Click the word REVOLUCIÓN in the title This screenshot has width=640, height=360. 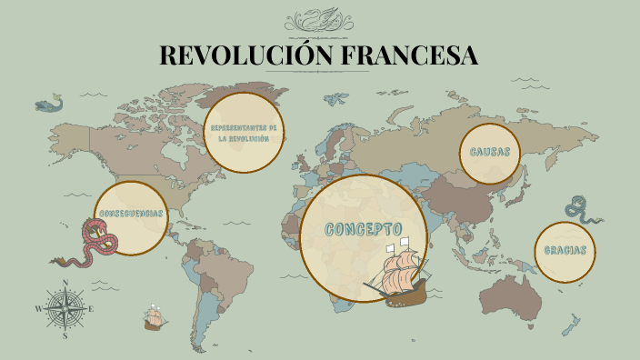[x=239, y=55]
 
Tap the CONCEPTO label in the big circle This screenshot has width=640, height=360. [x=364, y=228]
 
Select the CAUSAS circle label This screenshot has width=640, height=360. [x=490, y=152]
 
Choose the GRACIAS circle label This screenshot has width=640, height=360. [x=565, y=251]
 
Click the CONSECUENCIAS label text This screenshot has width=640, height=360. [x=131, y=214]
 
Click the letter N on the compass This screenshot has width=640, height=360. [x=65, y=283]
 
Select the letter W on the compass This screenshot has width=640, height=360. [x=38, y=309]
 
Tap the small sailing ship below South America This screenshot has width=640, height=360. [x=155, y=317]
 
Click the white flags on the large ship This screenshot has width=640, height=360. [x=396, y=245]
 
